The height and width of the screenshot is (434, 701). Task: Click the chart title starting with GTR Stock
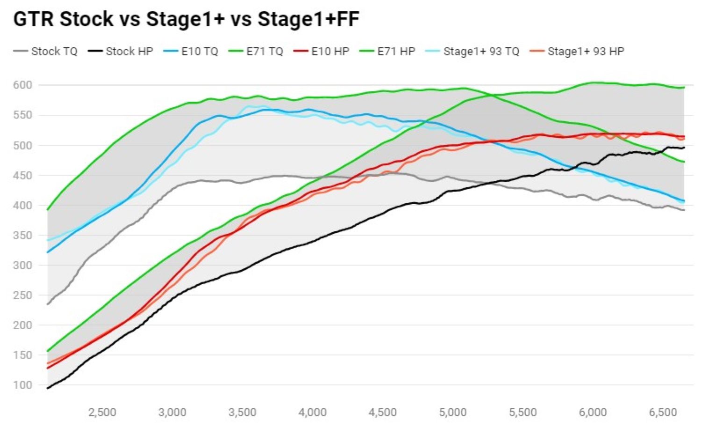coord(186,20)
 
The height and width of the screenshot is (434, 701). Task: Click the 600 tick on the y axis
coord(23,85)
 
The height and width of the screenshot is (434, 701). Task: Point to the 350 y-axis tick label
coord(23,235)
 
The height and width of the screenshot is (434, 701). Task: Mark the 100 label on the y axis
coord(23,385)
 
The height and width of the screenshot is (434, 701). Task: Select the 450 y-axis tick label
coord(23,176)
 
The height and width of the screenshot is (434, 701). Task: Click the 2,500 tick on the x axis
coord(102,412)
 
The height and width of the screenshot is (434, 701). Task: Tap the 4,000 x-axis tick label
coord(312,412)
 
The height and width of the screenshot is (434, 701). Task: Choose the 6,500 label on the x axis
coord(663,412)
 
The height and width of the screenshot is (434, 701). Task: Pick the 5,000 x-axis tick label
coord(452,412)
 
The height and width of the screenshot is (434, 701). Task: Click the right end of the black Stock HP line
coord(684,148)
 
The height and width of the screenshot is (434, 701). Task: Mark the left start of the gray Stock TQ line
coord(48,304)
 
